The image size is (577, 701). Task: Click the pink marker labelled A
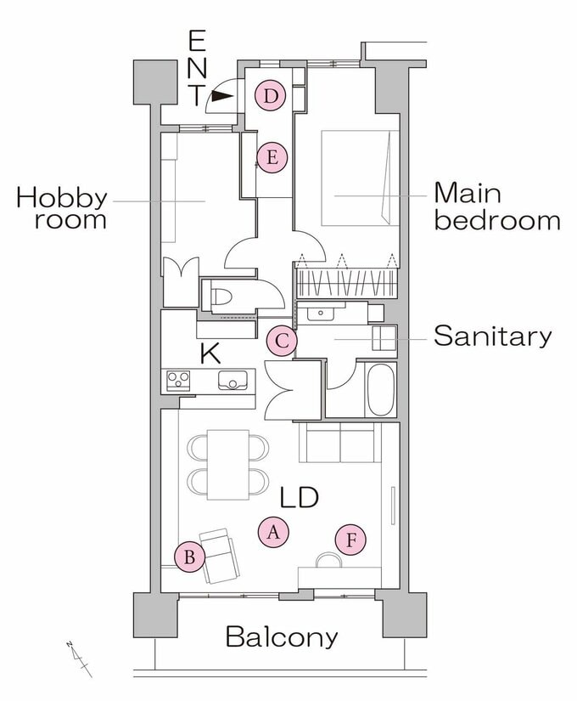pos(273,532)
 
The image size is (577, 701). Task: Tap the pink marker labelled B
pos(190,557)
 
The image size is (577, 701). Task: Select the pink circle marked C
pos(282,342)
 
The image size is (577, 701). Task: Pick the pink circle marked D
pos(270,96)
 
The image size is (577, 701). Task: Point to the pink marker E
pos(272,157)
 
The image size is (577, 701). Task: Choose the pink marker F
pos(351,540)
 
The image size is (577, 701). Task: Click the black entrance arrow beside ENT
pos(222,96)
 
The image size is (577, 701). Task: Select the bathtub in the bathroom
pos(381,389)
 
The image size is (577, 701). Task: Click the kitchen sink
pos(232,380)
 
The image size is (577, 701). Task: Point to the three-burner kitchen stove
pos(178,381)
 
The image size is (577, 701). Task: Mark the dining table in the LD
pos(228,465)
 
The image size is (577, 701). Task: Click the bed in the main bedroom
pos(360,178)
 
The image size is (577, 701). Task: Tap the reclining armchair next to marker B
pos(219,556)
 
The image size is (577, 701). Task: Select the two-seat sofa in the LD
pos(340,442)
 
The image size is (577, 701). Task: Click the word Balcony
pos(282,636)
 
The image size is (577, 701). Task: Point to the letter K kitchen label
pos(210,353)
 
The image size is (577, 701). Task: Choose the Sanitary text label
pos(493,336)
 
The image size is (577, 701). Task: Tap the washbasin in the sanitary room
pos(321,313)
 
